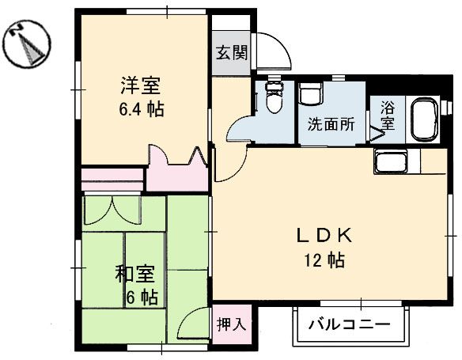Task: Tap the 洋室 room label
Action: click(142, 84)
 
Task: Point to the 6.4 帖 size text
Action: click(142, 109)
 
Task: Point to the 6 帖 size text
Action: click(141, 297)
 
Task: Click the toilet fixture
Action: click(273, 97)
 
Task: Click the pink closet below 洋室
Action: click(178, 169)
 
